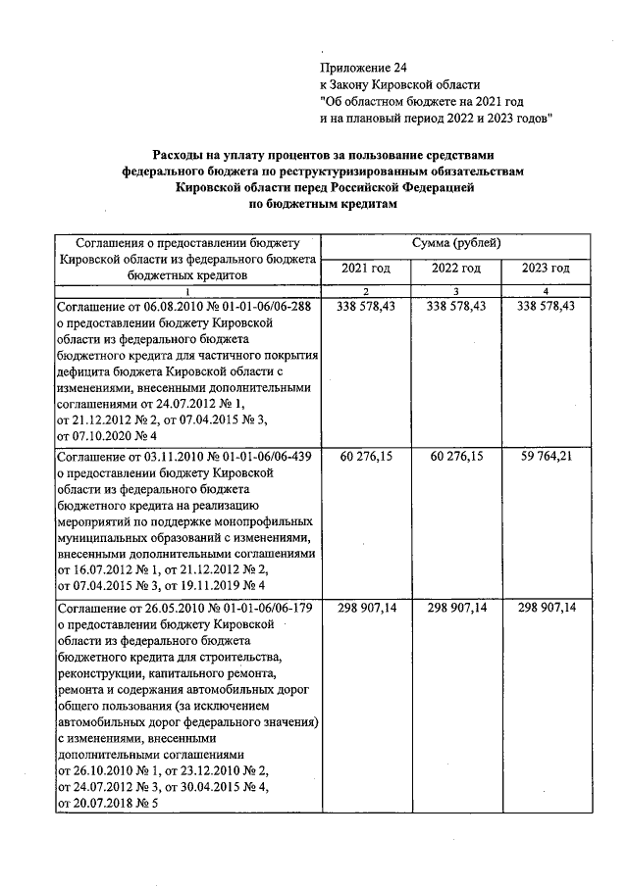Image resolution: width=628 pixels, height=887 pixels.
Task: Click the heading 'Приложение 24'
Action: pos(362,68)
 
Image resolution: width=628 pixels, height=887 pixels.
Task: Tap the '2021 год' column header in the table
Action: pos(365,269)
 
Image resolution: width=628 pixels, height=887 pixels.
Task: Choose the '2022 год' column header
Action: pos(456,269)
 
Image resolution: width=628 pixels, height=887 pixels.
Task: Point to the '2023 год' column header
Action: pos(547,269)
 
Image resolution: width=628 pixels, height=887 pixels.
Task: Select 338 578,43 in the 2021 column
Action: pos(365,307)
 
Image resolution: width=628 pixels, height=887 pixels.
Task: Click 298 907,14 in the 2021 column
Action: pos(365,608)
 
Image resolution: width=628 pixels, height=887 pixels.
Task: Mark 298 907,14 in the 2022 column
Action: pos(456,608)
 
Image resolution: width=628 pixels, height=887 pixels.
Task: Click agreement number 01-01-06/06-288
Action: pos(261,307)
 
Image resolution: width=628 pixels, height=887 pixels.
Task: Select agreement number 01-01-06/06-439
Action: pos(261,457)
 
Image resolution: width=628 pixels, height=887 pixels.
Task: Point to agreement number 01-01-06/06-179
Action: pos(261,608)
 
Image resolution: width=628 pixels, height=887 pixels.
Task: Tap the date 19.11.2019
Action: pos(210,586)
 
